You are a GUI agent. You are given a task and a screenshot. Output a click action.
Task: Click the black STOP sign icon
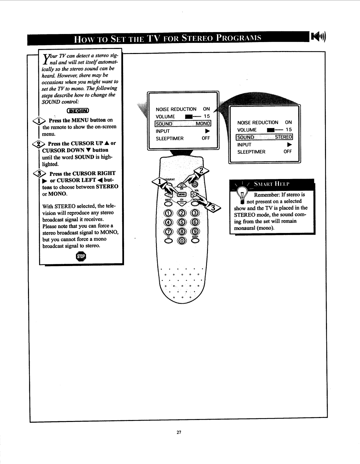click(x=81, y=256)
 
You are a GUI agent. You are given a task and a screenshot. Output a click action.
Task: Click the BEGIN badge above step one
click(x=78, y=111)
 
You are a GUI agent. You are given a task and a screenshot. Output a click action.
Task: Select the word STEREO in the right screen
click(x=284, y=137)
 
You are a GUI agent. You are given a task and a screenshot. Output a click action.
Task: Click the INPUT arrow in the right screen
click(x=289, y=145)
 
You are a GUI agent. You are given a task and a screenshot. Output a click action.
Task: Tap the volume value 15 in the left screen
click(x=207, y=116)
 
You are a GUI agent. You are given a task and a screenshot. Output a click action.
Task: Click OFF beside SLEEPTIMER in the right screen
click(x=288, y=152)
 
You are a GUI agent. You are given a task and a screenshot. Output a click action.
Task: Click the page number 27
click(x=179, y=433)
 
